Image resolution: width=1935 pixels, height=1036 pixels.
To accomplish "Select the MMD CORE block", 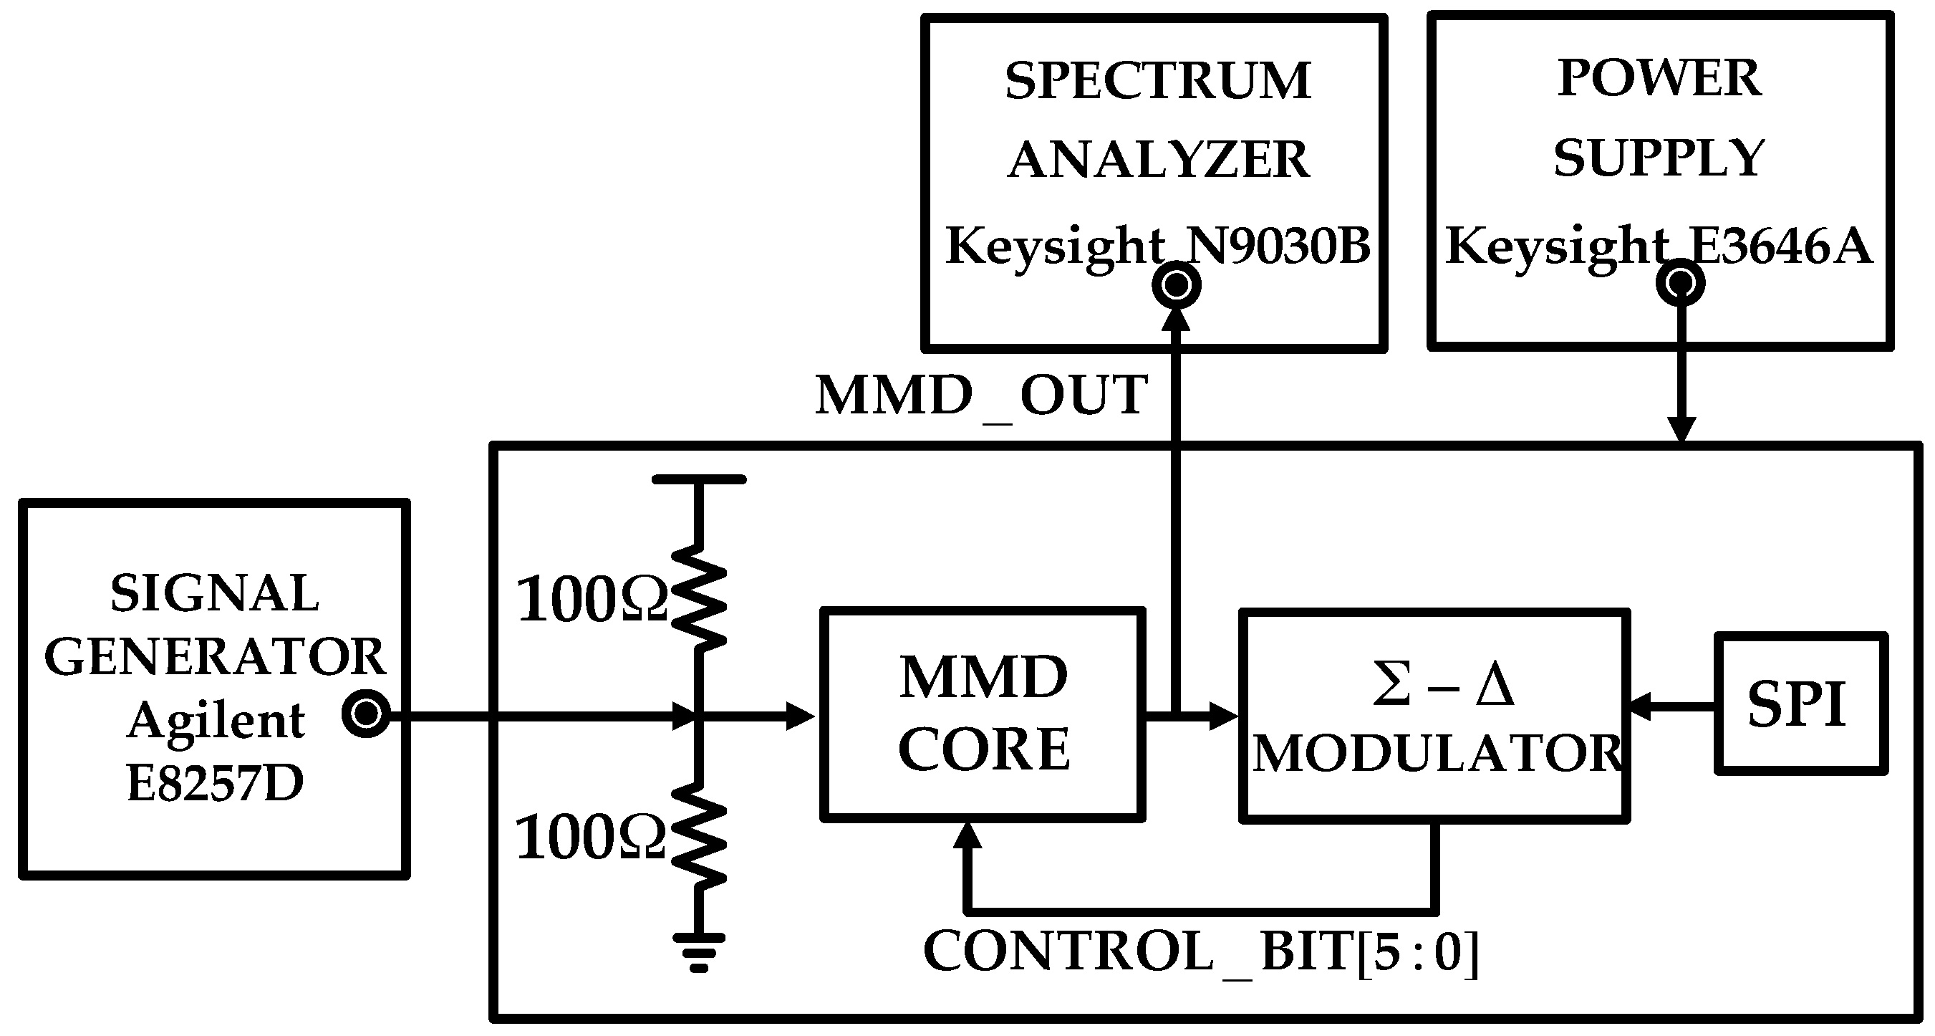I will [982, 714].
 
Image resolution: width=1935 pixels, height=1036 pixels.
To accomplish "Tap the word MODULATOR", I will [1437, 754].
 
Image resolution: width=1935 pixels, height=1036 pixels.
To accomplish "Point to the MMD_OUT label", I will [981, 396].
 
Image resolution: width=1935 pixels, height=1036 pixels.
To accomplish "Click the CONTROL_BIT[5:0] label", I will [1200, 953].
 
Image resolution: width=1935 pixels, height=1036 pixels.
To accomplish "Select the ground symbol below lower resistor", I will [698, 950].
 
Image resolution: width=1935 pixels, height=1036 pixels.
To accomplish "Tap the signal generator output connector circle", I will [367, 714].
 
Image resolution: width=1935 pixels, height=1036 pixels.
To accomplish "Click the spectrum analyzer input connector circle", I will [1177, 284].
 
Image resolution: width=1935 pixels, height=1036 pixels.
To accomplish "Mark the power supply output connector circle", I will [1680, 283].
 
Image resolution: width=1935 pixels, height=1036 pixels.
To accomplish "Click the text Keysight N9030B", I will [1157, 246].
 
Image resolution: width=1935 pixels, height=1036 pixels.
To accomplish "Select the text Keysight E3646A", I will [1658, 246].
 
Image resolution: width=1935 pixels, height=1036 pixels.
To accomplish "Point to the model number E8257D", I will [215, 783].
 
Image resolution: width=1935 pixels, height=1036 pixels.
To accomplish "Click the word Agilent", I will [216, 721].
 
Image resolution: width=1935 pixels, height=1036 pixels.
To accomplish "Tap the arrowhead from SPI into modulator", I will [1638, 706].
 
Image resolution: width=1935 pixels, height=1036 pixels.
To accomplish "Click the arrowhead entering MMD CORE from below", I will [968, 835].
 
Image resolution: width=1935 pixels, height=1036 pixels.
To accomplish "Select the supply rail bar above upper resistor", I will [698, 479].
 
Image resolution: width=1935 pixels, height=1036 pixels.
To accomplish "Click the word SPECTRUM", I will [1157, 81].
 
